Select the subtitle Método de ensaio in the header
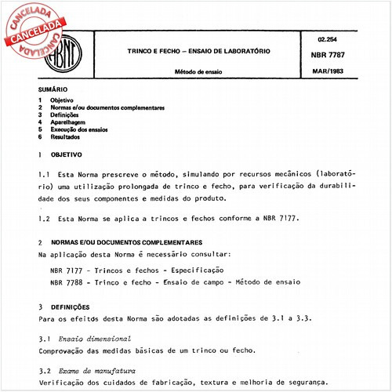coord(201,74)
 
